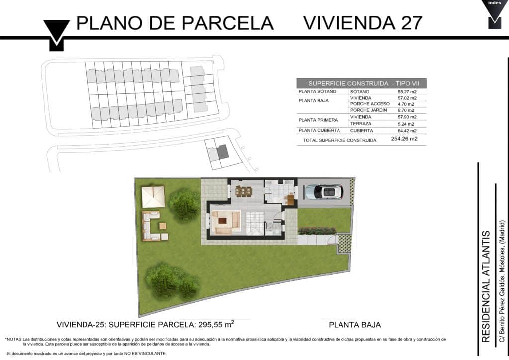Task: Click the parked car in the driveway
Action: (324, 192)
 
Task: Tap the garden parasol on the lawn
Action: (153, 197)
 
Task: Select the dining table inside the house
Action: (244, 191)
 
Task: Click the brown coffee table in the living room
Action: (222, 221)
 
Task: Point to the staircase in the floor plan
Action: (254, 223)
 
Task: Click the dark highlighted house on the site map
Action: (223, 152)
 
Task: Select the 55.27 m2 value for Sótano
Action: (407, 92)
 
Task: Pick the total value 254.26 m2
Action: (404, 139)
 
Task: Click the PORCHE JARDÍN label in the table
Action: (368, 110)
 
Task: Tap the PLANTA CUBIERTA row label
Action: (319, 130)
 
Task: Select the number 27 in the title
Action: (411, 23)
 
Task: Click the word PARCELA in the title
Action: (228, 23)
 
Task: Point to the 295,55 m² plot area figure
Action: (215, 324)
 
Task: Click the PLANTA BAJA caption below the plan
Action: (355, 325)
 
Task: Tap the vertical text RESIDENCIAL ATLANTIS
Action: (486, 286)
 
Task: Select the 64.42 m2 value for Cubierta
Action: (407, 131)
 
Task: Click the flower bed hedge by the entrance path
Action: (317, 231)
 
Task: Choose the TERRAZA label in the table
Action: (361, 124)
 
